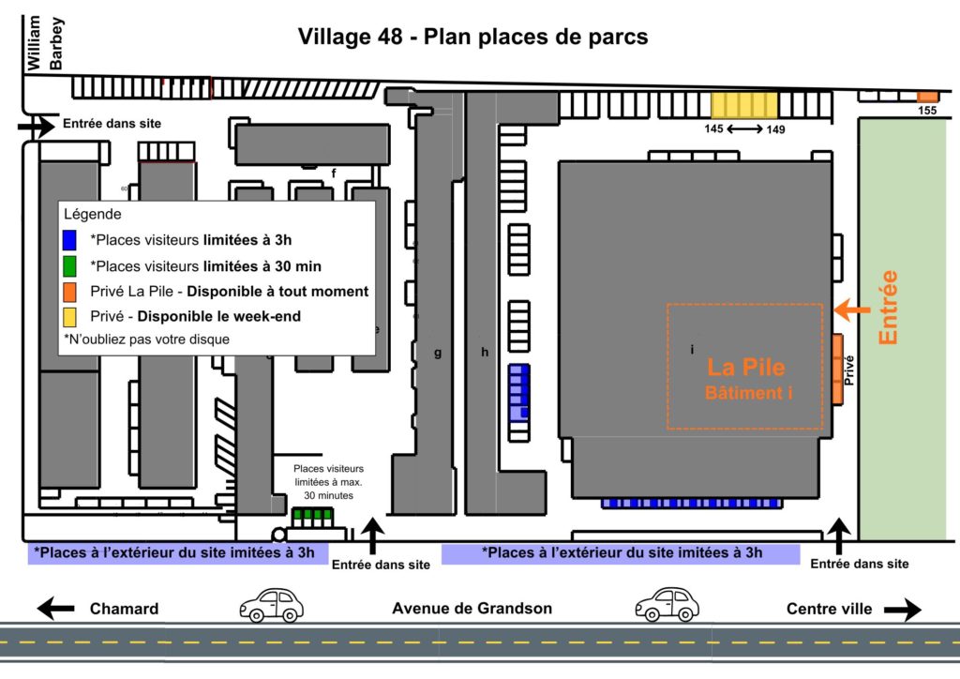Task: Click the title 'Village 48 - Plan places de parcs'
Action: pos(472,37)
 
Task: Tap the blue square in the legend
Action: pos(69,240)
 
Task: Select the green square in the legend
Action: pos(69,266)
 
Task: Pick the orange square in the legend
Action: pos(69,292)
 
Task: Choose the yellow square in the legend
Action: pos(69,317)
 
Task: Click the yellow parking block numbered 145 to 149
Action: pos(743,105)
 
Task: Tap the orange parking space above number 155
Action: pos(927,97)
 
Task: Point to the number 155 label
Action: pos(927,111)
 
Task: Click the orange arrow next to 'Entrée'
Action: pos(851,309)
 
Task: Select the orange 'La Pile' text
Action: pos(745,368)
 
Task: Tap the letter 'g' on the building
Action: pos(438,354)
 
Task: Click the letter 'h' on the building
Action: pos(485,352)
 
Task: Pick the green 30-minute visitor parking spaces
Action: pos(312,514)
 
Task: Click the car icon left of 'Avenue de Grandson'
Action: pos(271,606)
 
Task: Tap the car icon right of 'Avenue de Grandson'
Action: pos(667,604)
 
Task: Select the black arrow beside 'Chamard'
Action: pos(55,609)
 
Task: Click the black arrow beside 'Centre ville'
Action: pos(903,610)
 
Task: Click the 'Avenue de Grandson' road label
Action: pos(472,609)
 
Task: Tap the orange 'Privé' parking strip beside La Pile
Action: pos(837,370)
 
